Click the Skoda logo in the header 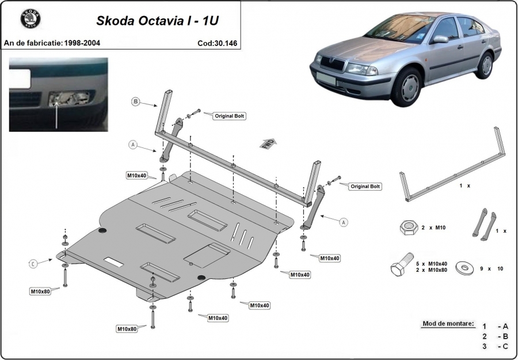point(31,18)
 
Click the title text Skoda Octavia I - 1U point(157,21)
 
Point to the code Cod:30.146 point(217,43)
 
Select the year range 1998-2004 point(82,43)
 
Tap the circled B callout point(135,101)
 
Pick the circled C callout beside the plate point(33,264)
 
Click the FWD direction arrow point(268,144)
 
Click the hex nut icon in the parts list point(409,228)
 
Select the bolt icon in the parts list point(402,264)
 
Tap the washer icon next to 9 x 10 point(464,268)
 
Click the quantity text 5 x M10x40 point(432,264)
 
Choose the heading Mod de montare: point(448,324)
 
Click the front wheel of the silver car point(407,86)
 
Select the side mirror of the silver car point(440,39)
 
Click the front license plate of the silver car point(325,78)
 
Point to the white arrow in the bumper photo point(56,115)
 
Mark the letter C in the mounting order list point(505,346)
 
